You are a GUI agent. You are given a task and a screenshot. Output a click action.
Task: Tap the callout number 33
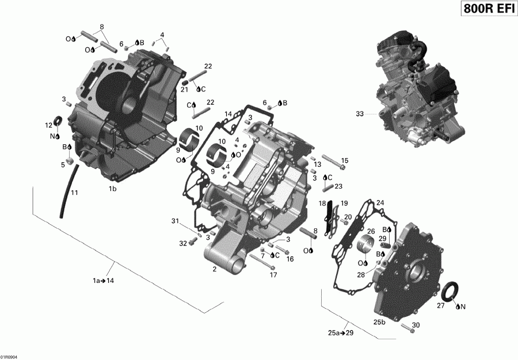pos(360,114)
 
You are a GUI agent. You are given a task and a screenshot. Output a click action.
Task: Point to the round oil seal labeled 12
pos(58,121)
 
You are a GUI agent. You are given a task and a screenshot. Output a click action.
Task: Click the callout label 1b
pos(113,189)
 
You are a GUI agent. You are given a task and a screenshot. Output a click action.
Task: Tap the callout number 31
pos(175,222)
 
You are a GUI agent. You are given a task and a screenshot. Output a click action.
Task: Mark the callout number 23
pos(338,186)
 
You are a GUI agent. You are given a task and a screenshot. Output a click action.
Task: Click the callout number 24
pos(379,202)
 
